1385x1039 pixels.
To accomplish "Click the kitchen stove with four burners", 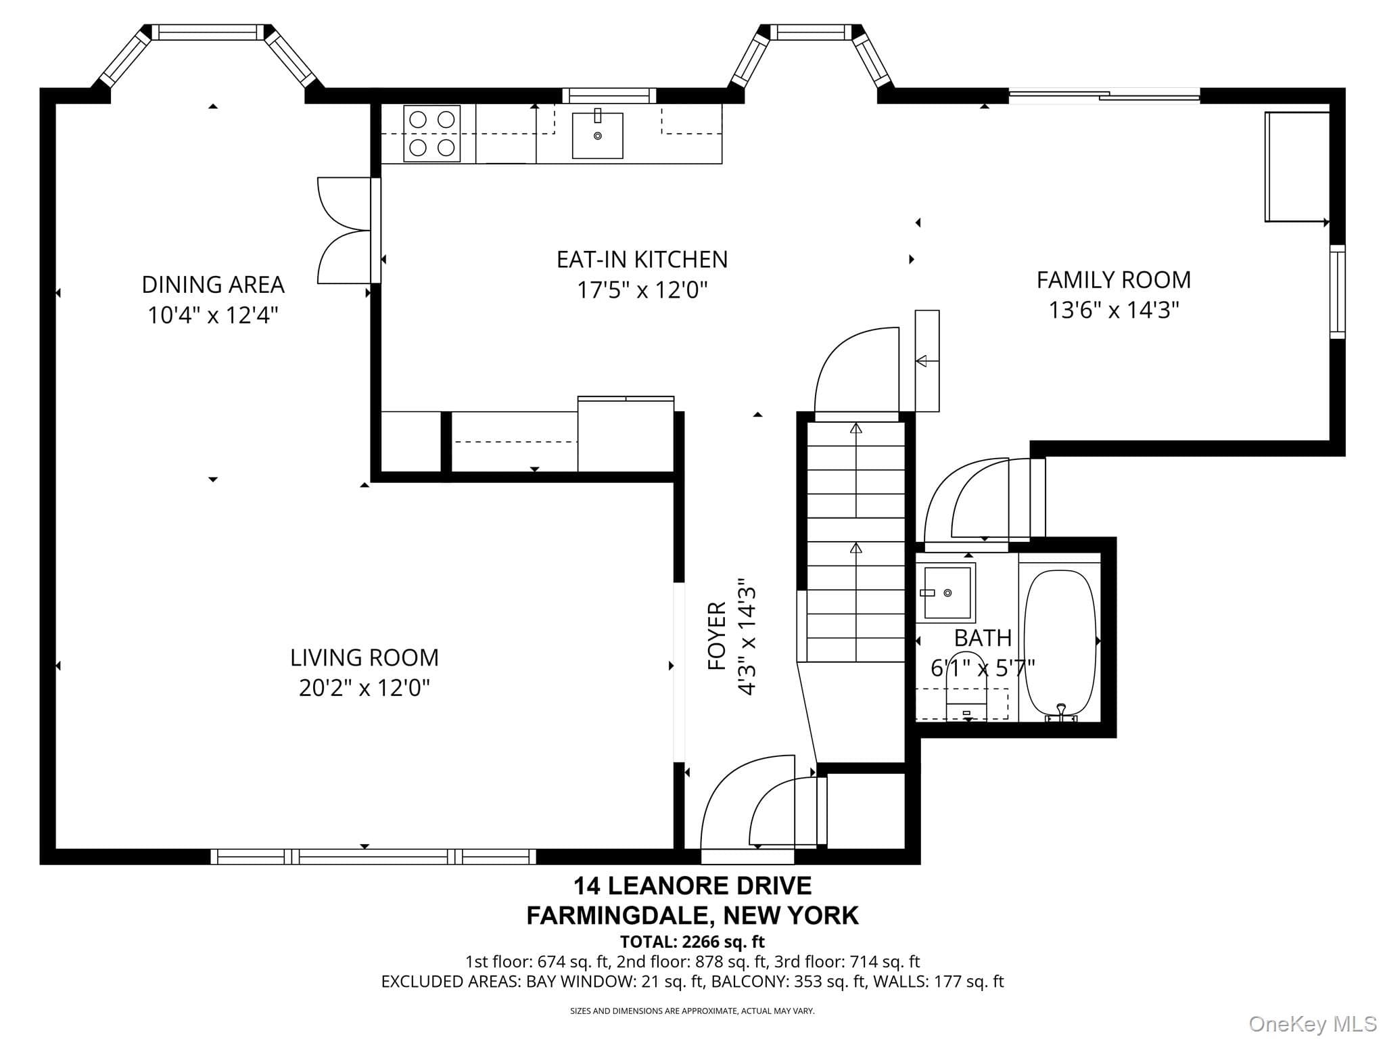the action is point(431,133).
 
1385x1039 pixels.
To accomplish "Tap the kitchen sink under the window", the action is point(597,135).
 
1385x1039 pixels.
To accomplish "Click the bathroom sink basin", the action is point(948,593).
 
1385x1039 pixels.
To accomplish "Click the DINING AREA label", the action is point(213,284).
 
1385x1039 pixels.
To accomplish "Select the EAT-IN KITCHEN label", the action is point(642,259).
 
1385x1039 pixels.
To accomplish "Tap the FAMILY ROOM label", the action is point(1113,279).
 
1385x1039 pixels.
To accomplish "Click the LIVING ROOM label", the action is point(365,657).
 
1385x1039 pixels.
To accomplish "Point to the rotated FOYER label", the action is point(717,636).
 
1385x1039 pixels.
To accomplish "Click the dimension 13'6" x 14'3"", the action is point(1113,310).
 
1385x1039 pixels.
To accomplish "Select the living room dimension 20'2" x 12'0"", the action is point(365,688).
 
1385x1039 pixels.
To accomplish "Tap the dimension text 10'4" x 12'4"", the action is point(213,315).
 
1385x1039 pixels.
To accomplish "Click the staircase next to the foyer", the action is point(855,541).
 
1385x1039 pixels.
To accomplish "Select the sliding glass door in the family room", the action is point(1104,97).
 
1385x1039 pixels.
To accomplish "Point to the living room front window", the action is point(373,856).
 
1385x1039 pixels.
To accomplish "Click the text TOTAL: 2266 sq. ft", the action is point(692,942).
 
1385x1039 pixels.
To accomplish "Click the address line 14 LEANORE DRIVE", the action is point(692,885).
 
